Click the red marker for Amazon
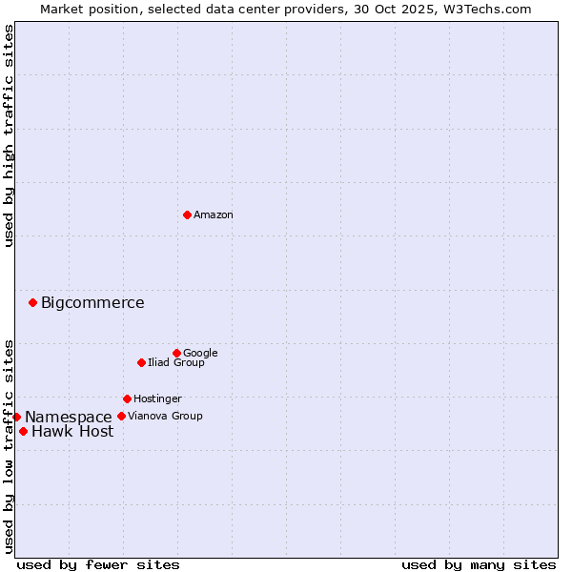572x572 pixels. point(187,214)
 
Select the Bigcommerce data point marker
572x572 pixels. point(32,302)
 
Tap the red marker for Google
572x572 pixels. point(176,353)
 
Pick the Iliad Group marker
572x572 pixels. point(141,362)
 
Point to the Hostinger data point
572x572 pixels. point(127,398)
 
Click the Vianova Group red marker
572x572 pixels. point(121,416)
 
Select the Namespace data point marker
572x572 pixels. point(16,417)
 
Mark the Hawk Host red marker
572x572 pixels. point(23,431)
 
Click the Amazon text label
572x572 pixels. point(214,215)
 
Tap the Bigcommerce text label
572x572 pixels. point(92,303)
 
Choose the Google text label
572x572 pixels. point(200,354)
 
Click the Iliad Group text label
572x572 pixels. point(176,363)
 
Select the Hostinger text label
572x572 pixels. point(157,399)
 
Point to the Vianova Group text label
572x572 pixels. point(165,417)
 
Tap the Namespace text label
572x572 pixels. point(68,418)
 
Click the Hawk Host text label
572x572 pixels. point(72,432)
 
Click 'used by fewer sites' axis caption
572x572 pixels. point(98,565)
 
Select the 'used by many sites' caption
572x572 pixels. point(479,565)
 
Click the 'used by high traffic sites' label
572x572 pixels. point(9,135)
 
